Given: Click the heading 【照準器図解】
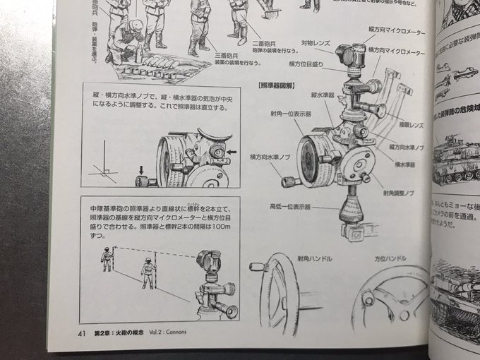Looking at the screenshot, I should [280, 84].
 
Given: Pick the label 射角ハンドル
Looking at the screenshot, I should [314, 259].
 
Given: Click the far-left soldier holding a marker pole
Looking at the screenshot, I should [107, 259].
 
